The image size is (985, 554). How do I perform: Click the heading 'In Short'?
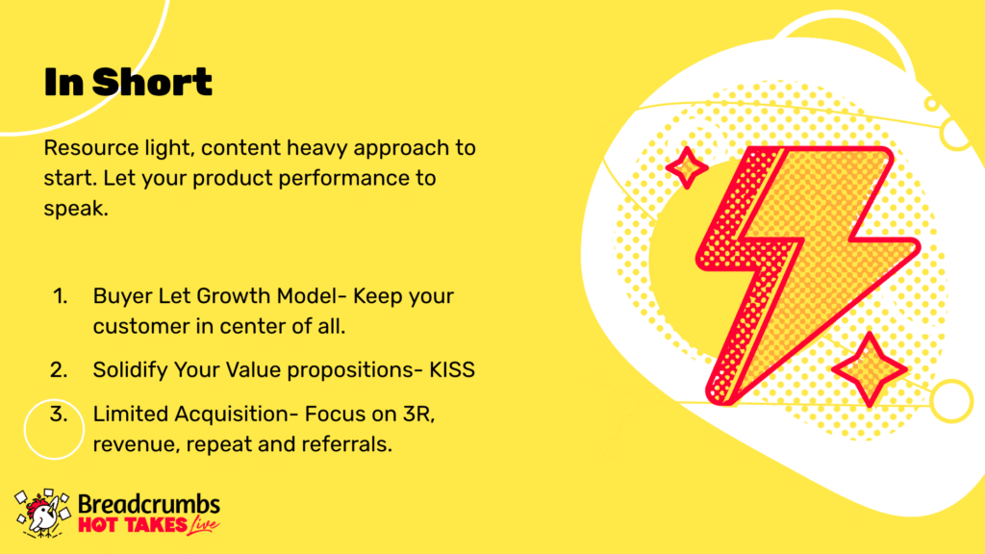[x=128, y=83]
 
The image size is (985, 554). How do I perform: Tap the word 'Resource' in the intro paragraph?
[x=91, y=148]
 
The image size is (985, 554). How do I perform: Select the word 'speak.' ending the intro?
[x=76, y=209]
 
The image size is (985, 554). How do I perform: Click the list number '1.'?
[x=61, y=296]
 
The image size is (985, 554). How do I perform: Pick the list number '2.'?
[x=59, y=370]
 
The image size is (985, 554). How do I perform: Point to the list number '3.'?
[x=59, y=415]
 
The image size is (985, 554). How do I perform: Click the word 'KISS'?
[x=452, y=370]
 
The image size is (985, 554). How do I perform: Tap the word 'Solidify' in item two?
[x=130, y=370]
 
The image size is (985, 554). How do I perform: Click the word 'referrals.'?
[x=346, y=444]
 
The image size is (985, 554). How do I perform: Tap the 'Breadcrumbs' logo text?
[x=149, y=504]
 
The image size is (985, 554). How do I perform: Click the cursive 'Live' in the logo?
[x=204, y=525]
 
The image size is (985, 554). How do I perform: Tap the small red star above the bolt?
[x=687, y=167]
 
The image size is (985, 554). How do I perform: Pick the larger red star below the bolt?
[x=870, y=369]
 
